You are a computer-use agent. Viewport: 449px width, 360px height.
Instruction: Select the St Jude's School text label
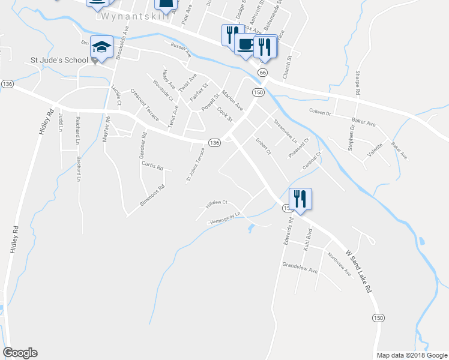[59, 61]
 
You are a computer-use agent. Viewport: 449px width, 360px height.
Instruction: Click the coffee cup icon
[245, 44]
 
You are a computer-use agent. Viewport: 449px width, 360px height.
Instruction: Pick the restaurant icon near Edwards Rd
[299, 199]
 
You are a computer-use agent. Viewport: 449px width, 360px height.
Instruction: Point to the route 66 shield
[262, 72]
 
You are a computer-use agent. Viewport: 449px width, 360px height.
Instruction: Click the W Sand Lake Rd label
[358, 272]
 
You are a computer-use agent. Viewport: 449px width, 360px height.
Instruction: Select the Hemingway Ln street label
[224, 219]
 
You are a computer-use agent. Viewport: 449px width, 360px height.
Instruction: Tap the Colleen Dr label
[320, 112]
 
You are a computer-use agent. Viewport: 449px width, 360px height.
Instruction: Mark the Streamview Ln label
[285, 130]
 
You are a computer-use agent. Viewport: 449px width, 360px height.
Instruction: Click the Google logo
[20, 353]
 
